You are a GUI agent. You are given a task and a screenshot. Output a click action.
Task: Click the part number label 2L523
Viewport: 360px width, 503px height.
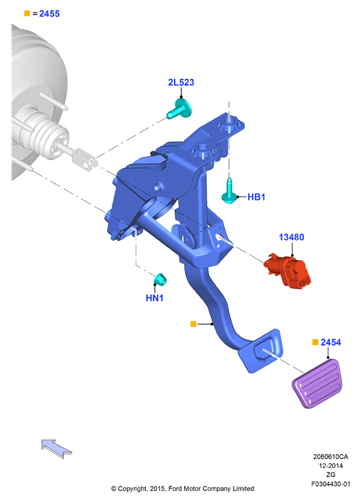(181, 83)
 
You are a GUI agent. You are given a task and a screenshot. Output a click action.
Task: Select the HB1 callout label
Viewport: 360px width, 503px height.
(256, 197)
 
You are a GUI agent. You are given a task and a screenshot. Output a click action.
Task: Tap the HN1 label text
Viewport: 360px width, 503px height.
(155, 298)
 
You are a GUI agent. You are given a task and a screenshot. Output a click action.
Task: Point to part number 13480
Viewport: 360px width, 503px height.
(291, 237)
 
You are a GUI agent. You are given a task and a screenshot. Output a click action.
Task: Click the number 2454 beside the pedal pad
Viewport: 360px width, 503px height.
(331, 342)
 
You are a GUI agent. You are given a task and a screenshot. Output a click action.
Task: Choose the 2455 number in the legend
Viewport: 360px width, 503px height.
(50, 13)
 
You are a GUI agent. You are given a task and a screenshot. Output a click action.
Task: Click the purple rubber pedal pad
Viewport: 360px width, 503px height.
(317, 383)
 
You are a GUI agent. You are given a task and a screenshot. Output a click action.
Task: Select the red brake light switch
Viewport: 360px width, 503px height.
(288, 271)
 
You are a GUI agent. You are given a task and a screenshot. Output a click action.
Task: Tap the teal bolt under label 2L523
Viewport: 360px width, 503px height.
(179, 109)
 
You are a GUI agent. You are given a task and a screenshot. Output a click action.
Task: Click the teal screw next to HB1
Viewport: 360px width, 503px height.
(230, 192)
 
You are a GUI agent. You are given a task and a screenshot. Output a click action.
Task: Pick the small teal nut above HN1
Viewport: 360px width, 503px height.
(159, 279)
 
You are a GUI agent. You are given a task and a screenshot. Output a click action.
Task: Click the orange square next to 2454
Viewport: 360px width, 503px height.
(316, 342)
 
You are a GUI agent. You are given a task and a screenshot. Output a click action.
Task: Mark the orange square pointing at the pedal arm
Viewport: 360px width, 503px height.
(193, 324)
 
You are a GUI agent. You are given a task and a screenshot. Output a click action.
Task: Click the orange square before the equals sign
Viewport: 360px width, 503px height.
(27, 13)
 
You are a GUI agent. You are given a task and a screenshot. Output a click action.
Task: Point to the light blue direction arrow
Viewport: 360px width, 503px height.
(56, 449)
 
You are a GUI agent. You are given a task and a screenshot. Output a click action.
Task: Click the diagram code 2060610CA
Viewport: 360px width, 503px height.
(330, 457)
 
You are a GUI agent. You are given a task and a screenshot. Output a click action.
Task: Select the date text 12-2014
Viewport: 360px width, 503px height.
(330, 465)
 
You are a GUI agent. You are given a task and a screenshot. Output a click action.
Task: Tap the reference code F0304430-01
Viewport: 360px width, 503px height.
(330, 484)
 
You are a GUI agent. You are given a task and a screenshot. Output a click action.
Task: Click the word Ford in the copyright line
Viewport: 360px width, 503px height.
(175, 488)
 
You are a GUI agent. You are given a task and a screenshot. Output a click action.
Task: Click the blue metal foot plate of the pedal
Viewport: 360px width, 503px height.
(261, 351)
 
